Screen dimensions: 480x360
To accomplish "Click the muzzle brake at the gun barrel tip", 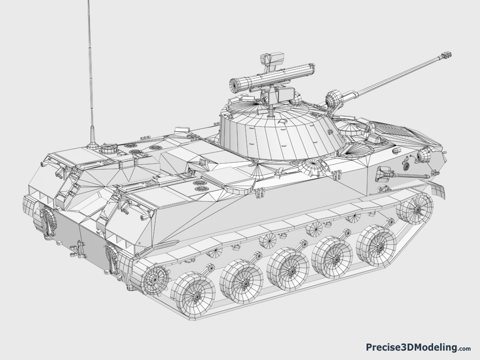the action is coord(446,55).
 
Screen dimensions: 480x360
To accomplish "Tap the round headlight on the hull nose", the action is coord(424,155).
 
